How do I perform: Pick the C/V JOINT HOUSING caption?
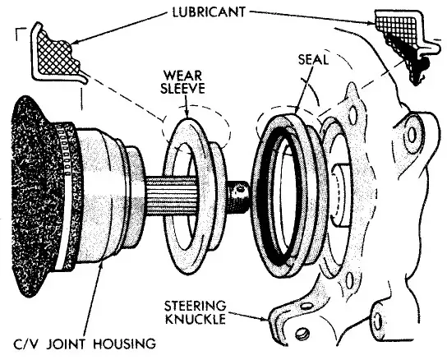(79, 342)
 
